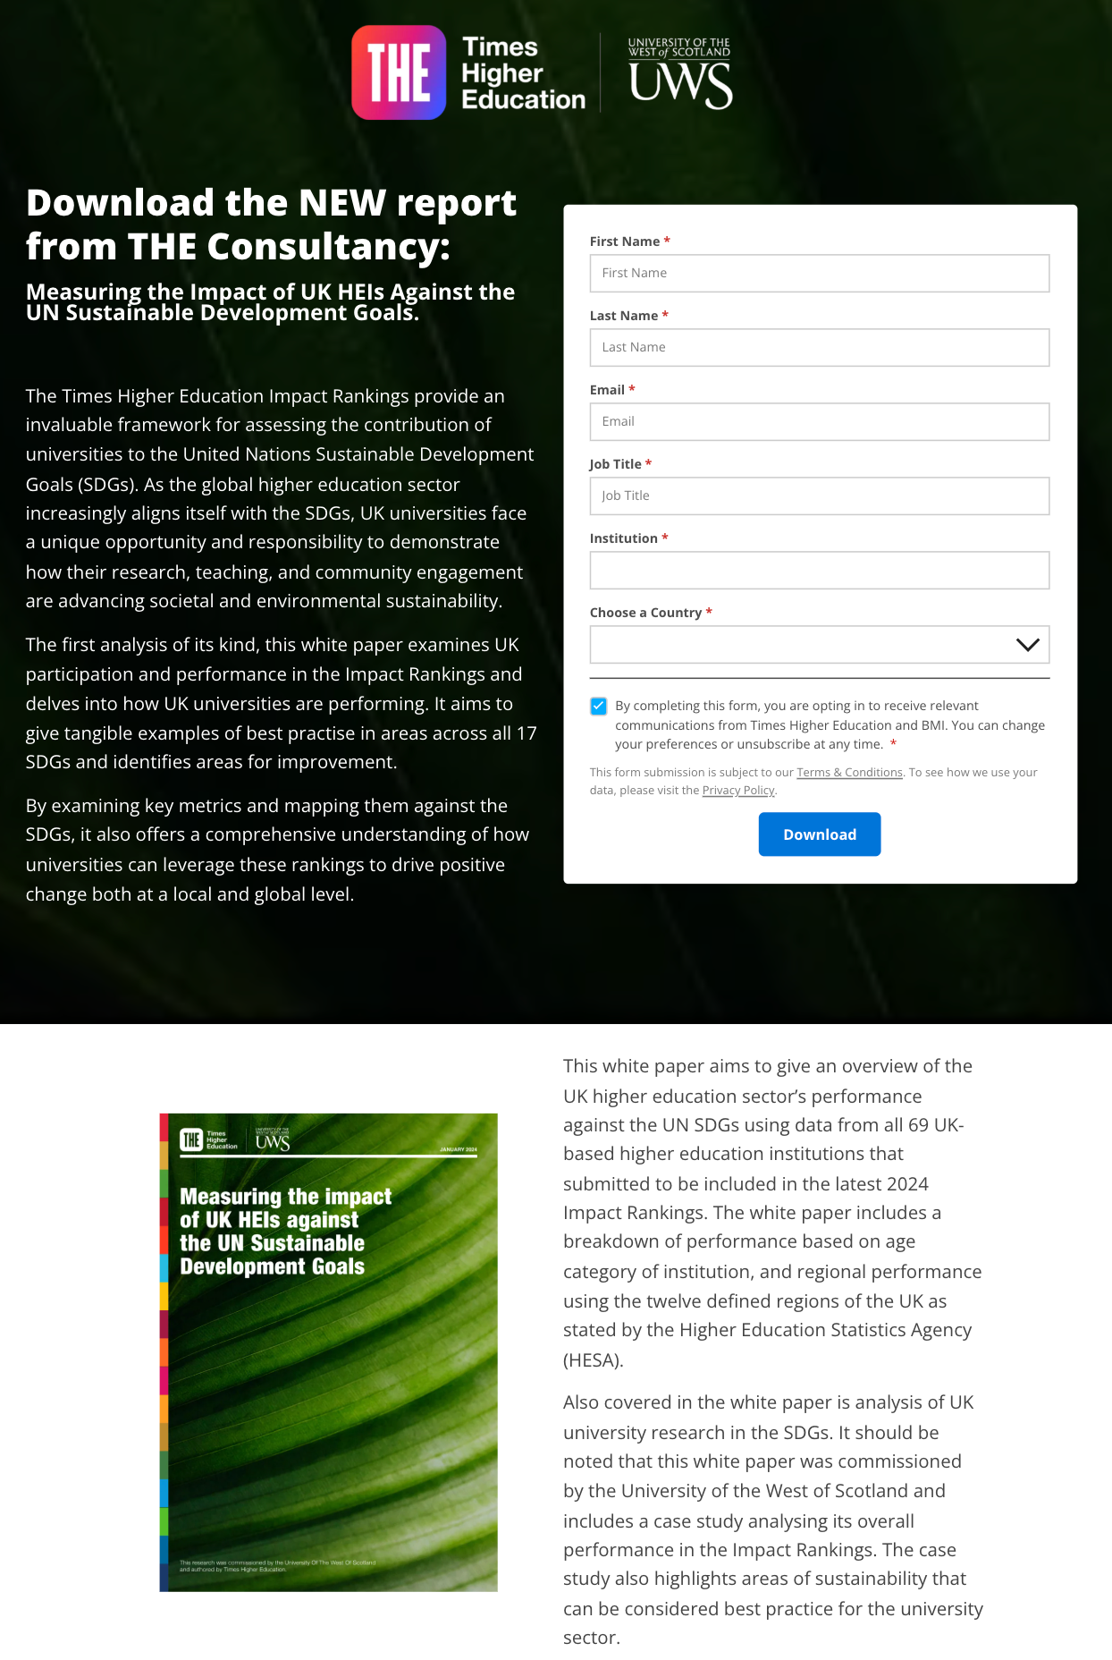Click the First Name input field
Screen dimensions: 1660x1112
point(819,273)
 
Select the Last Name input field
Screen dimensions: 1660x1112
point(819,347)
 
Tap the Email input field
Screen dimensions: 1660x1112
point(819,421)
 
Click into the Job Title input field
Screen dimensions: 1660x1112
point(819,495)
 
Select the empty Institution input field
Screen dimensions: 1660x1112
point(819,570)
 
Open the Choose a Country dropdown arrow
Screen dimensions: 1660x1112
point(1027,645)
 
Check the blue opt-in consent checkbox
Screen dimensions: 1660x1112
point(599,707)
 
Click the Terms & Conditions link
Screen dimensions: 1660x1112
point(849,773)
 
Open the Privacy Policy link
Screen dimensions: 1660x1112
point(738,791)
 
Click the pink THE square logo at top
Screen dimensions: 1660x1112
point(399,72)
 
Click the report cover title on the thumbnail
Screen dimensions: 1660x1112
point(284,1232)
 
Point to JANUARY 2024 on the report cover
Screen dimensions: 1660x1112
point(459,1149)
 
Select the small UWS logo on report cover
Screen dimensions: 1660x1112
point(273,1140)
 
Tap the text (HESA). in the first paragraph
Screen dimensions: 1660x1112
point(594,1360)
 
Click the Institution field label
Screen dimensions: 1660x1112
point(623,538)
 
